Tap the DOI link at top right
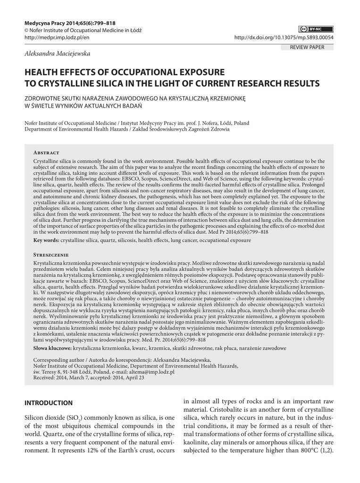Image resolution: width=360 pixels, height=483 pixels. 284,38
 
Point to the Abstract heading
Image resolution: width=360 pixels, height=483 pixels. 46,153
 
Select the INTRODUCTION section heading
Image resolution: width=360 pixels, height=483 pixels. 49,403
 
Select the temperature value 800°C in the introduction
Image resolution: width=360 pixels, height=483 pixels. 303,450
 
